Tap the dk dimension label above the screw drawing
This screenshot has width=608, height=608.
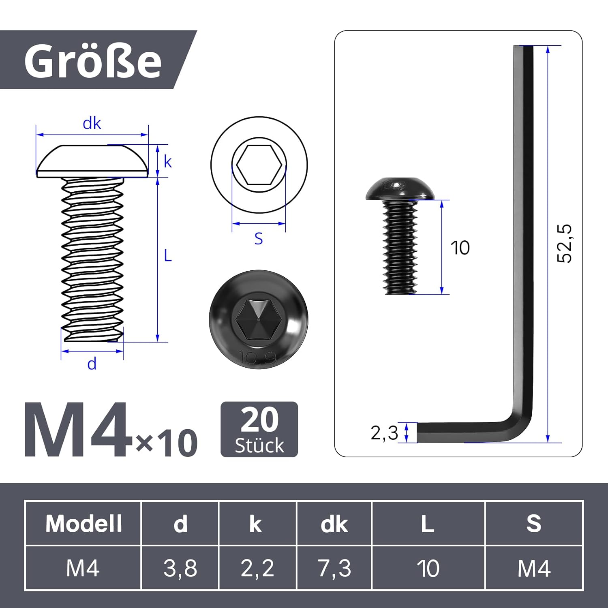click(92, 124)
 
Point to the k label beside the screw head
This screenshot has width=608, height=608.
click(167, 162)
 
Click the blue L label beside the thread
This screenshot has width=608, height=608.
click(168, 255)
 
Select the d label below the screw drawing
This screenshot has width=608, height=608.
click(92, 364)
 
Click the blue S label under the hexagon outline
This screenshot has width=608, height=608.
click(259, 238)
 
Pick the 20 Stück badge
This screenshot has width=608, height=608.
click(259, 429)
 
